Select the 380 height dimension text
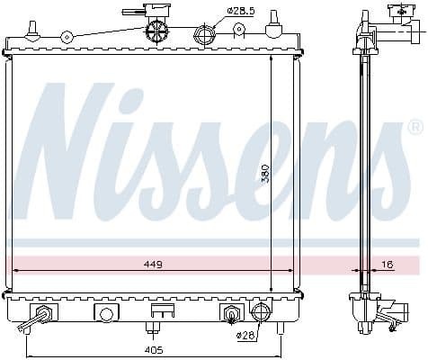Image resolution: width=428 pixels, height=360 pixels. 265,173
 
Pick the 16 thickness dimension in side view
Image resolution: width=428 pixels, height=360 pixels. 387,265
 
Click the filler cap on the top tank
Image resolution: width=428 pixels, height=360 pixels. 157,29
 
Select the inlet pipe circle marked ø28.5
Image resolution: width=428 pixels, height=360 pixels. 204,37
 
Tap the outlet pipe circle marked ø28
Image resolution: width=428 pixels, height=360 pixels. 260,313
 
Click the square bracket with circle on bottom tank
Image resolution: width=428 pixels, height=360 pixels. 106,314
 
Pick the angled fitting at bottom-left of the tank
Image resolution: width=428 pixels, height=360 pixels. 41,316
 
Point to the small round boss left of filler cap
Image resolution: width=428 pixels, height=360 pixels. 67,37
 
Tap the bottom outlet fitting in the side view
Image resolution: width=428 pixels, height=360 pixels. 388,317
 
